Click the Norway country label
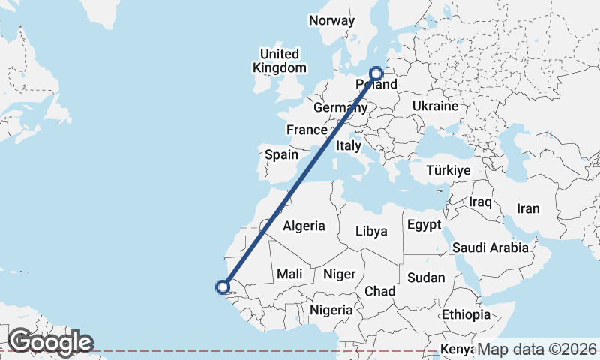(x=331, y=21)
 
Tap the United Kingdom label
(x=280, y=61)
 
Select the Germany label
(x=340, y=108)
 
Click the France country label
(x=307, y=130)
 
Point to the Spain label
(x=282, y=156)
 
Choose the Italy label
(x=349, y=145)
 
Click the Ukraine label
(x=435, y=106)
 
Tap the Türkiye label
(x=448, y=171)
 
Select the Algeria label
(x=304, y=226)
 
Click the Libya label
(x=371, y=231)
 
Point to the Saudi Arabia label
(x=490, y=247)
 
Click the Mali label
(x=289, y=274)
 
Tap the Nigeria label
(x=331, y=309)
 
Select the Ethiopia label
(x=466, y=314)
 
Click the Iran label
(x=528, y=208)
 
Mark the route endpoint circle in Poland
(x=376, y=73)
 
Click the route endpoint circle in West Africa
(x=222, y=286)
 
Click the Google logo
(x=51, y=342)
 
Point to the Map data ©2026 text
(x=537, y=349)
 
